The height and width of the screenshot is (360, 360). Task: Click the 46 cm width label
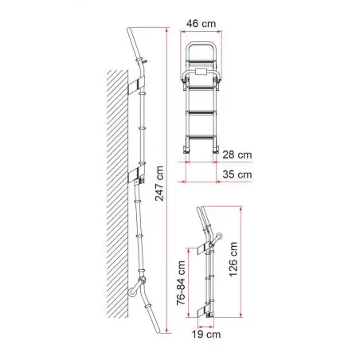point(201,24)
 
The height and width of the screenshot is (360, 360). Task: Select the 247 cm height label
point(159,183)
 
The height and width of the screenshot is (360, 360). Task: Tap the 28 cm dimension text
point(237,155)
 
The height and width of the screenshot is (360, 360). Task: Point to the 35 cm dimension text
point(237,174)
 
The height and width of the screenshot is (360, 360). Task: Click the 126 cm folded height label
point(233,260)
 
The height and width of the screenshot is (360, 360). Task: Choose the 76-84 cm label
point(181,283)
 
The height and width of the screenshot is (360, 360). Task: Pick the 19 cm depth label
point(206,335)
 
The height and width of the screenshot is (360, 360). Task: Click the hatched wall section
point(117,194)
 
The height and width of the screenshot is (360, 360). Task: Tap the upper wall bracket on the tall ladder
point(136,85)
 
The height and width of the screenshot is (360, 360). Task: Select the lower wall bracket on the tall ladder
point(136,174)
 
